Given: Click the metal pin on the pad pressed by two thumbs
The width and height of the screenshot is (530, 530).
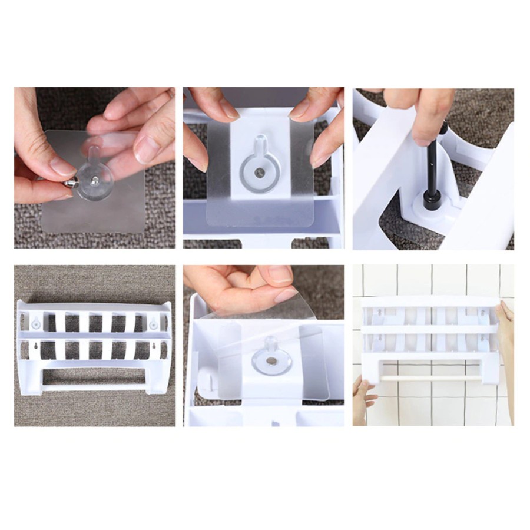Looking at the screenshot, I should pyautogui.click(x=260, y=173).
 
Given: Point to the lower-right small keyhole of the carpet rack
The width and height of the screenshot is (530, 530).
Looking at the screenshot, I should pyautogui.click(x=154, y=347).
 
